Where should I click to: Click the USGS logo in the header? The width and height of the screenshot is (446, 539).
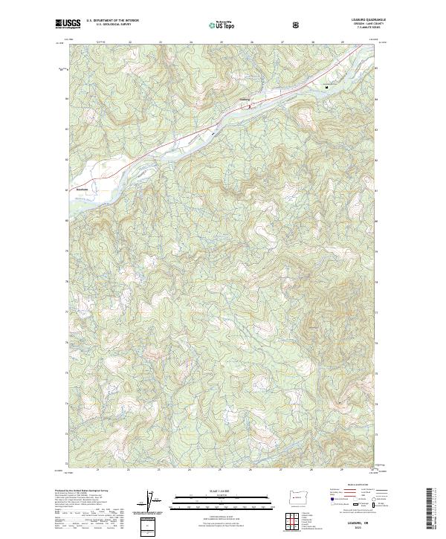coord(68,24)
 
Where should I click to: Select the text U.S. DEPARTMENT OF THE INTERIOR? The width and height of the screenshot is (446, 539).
coord(112,21)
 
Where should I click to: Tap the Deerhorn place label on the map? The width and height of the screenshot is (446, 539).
coord(82,189)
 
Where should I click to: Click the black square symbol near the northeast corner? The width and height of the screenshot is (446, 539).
coord(326,88)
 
